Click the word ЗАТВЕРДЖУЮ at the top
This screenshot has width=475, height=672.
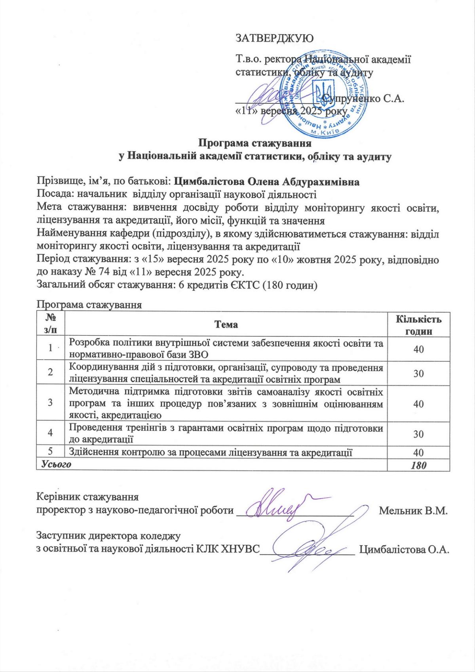[274, 38]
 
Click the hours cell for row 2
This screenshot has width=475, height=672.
[418, 374]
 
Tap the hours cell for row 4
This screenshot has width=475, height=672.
[418, 434]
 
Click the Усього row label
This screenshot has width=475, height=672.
[54, 464]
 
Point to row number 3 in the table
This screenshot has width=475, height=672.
[51, 403]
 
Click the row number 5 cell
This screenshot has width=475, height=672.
[51, 452]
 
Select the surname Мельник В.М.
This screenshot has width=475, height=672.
[413, 510]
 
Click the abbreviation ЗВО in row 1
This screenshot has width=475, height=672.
[202, 354]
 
